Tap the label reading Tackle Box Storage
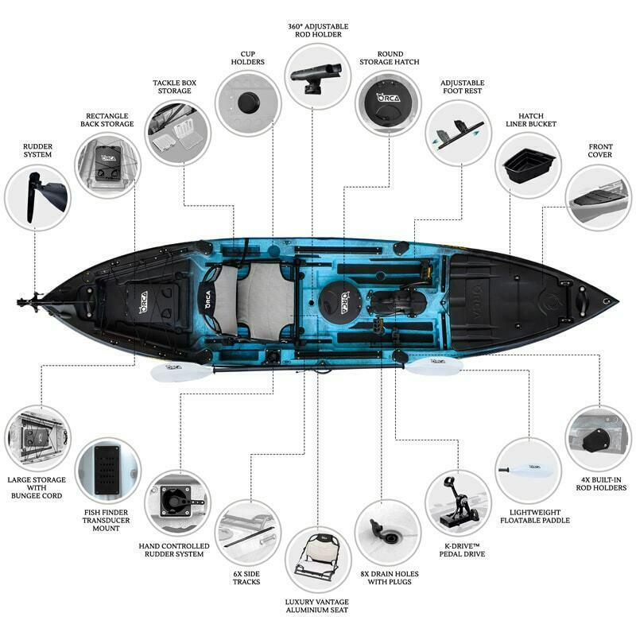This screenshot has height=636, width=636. tap(174, 87)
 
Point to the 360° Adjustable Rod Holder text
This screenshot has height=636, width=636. tap(318, 30)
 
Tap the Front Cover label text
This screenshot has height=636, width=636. tap(600, 150)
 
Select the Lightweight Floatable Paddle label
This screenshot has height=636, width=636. tap(534, 516)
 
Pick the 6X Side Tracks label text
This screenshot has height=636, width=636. tap(246, 578)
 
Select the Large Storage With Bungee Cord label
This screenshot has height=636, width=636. tap(37, 487)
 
